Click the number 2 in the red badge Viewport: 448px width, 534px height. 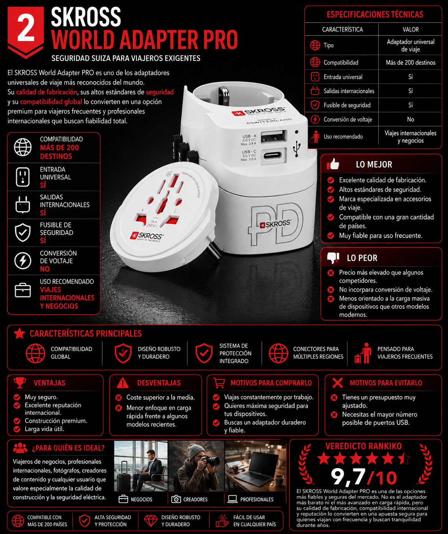click(26, 28)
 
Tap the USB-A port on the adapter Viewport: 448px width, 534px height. click(273, 136)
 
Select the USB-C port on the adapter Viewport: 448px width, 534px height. click(273, 155)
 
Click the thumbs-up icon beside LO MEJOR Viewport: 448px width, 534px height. click(333, 164)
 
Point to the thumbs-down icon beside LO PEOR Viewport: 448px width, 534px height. click(333, 258)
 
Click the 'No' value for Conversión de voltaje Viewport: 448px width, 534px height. click(411, 119)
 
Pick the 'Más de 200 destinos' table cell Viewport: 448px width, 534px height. click(411, 63)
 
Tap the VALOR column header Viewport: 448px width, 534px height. click(411, 29)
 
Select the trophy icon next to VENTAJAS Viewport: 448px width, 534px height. click(19, 383)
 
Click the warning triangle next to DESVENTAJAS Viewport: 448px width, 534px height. click(122, 383)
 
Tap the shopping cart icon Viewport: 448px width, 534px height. click(219, 383)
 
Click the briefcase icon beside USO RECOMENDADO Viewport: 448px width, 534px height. click(23, 290)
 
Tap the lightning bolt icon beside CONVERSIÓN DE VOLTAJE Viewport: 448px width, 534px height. click(23, 261)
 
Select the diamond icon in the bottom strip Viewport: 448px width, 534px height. click(151, 521)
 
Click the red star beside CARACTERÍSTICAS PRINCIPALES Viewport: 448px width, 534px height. click(19, 333)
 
